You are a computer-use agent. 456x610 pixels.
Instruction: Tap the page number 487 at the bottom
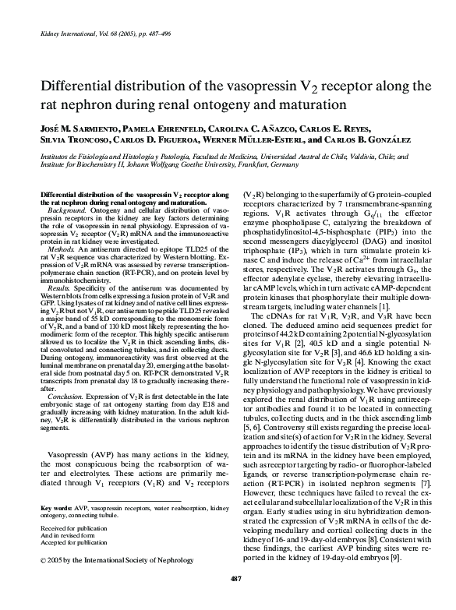click(228, 599)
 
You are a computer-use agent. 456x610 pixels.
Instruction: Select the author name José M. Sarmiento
click(64, 126)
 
